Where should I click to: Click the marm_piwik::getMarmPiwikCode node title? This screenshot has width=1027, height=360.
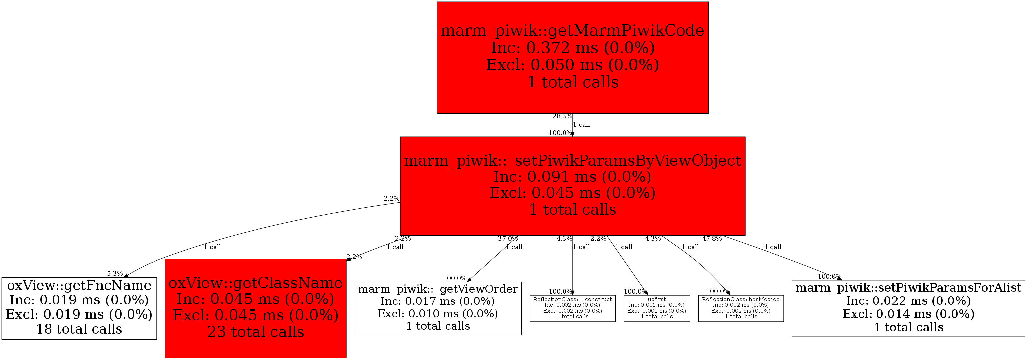pos(572,30)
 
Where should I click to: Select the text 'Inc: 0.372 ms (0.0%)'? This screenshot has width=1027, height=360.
pos(572,48)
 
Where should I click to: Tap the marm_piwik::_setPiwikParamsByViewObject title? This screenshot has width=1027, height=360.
pos(572,160)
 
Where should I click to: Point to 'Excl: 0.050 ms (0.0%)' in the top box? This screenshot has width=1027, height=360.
pos(572,64)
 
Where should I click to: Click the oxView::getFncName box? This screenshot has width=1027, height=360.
pos(79,308)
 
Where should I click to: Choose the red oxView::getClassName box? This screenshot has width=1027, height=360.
pos(255,308)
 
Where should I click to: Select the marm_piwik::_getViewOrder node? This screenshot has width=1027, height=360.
pos(438,308)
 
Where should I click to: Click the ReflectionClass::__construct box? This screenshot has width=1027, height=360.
pos(572,308)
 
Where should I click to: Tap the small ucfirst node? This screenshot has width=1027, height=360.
pos(657,308)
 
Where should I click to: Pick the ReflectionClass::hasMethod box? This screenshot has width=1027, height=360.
pos(741,308)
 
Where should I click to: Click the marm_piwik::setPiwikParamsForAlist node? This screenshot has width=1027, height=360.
pos(908,308)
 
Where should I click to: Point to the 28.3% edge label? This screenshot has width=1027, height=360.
pos(562,116)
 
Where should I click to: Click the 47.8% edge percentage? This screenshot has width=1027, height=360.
pos(712,238)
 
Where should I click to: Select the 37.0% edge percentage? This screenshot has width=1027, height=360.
pos(508,238)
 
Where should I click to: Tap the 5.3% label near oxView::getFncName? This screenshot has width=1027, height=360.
pos(115,274)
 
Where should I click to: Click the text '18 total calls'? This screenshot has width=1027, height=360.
pos(79,329)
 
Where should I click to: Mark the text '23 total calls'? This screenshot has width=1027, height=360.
pos(255,332)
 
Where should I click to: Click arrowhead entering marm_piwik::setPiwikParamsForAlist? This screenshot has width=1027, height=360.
pos(839,279)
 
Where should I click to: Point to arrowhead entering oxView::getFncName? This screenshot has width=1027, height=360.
pos(126,276)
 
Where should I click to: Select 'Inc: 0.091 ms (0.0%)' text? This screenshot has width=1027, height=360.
pos(572,177)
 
